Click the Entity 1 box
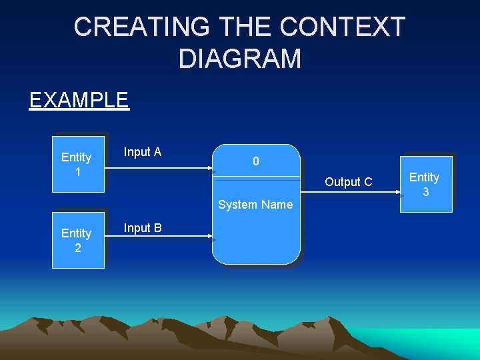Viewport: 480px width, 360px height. click(x=78, y=164)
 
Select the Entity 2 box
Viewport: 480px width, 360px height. click(x=78, y=240)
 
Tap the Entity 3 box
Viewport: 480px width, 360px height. click(x=425, y=184)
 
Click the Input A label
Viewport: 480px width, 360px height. click(x=143, y=152)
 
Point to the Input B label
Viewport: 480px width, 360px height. click(x=143, y=228)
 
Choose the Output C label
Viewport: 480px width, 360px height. click(x=348, y=182)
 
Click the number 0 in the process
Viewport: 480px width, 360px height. click(x=256, y=161)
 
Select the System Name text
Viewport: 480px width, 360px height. click(x=255, y=205)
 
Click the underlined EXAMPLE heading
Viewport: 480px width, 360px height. click(x=79, y=100)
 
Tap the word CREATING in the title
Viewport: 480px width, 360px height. click(x=133, y=27)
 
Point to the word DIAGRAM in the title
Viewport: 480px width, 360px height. click(x=240, y=59)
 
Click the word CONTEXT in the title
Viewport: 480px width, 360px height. click(x=343, y=27)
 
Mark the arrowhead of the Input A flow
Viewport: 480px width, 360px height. click(x=213, y=171)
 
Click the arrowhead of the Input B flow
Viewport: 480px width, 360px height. click(x=213, y=237)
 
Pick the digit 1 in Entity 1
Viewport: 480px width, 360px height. click(x=77, y=171)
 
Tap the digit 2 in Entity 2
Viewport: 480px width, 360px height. click(x=77, y=248)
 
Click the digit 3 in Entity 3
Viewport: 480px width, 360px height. click(x=425, y=192)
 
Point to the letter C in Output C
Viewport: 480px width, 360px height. click(x=368, y=182)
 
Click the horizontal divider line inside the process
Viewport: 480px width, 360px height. click(x=256, y=177)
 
